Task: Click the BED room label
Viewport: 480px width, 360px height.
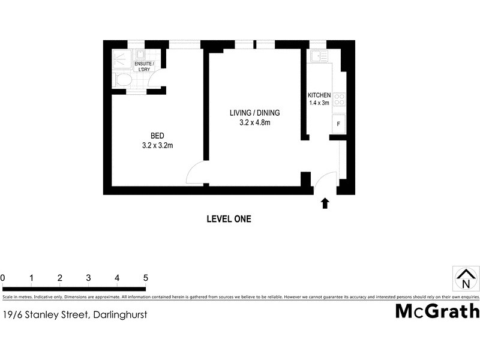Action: [157, 135]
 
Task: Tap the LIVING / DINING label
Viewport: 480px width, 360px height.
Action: [254, 113]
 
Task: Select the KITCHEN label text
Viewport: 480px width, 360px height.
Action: [319, 95]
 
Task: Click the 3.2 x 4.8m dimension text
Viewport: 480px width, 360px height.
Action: [254, 124]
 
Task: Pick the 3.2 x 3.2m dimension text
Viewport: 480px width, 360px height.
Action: [157, 145]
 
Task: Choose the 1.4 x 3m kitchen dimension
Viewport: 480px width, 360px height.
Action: [319, 103]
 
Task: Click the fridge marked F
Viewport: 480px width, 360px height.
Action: [339, 124]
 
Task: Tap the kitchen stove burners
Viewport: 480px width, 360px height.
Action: [339, 99]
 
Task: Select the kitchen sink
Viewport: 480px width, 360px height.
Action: [318, 57]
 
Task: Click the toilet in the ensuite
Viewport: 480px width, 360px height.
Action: [124, 80]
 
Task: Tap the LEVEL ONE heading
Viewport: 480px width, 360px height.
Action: [229, 219]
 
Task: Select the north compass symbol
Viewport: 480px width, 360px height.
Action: [466, 280]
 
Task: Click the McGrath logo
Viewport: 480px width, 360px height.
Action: [437, 311]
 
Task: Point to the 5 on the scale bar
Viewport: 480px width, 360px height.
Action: [145, 278]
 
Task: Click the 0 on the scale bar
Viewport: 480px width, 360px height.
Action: [3, 278]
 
